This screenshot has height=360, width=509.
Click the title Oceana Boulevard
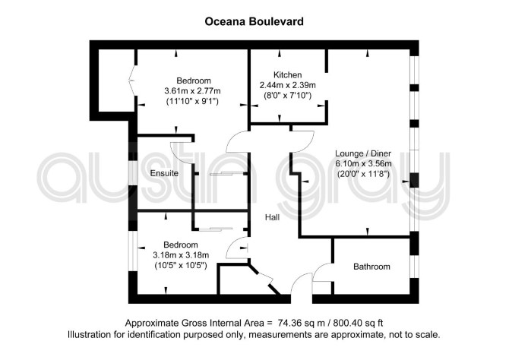254,21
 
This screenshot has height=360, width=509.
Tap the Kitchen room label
288,75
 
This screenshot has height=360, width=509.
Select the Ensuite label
164,173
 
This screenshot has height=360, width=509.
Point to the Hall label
273,217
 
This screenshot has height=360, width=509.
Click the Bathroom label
371,267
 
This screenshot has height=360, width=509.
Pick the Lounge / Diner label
363,153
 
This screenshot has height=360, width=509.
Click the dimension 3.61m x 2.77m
192,91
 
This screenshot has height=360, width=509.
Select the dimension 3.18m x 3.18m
181,255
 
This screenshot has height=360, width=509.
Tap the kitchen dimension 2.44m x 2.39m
288,85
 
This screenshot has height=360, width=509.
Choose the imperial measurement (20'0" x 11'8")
363,174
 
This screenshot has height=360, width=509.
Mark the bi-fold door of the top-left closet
131,79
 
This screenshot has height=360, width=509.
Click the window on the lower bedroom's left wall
133,251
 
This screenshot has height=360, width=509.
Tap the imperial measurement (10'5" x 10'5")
181,266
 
